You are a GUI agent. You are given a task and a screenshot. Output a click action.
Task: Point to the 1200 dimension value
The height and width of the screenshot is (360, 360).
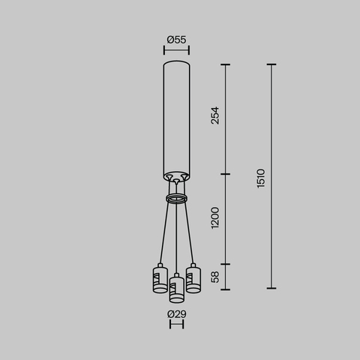(216, 219)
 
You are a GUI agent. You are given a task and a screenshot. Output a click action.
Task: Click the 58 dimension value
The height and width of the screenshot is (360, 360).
(216, 277)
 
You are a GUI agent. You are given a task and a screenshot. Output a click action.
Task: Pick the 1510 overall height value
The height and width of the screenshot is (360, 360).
(260, 178)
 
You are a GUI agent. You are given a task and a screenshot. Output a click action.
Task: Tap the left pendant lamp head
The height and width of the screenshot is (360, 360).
(159, 278)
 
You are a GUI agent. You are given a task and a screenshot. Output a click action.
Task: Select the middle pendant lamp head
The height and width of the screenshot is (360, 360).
(176, 287)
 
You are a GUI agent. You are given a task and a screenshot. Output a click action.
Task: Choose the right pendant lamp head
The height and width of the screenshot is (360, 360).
(193, 278)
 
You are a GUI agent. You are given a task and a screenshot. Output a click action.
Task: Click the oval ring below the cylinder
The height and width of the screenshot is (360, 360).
(176, 198)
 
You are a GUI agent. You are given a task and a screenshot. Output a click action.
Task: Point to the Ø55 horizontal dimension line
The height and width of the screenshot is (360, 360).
(176, 51)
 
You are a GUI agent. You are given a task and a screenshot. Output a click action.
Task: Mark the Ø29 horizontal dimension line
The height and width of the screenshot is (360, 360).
(176, 325)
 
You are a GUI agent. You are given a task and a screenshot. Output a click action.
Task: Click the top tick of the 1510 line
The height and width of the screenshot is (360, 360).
(271, 65)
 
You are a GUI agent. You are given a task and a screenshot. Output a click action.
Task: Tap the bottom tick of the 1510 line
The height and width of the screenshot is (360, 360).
(271, 288)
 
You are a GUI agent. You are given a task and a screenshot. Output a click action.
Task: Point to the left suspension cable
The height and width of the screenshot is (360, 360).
(164, 232)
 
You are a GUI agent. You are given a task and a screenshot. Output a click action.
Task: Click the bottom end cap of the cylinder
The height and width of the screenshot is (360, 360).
(176, 176)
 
